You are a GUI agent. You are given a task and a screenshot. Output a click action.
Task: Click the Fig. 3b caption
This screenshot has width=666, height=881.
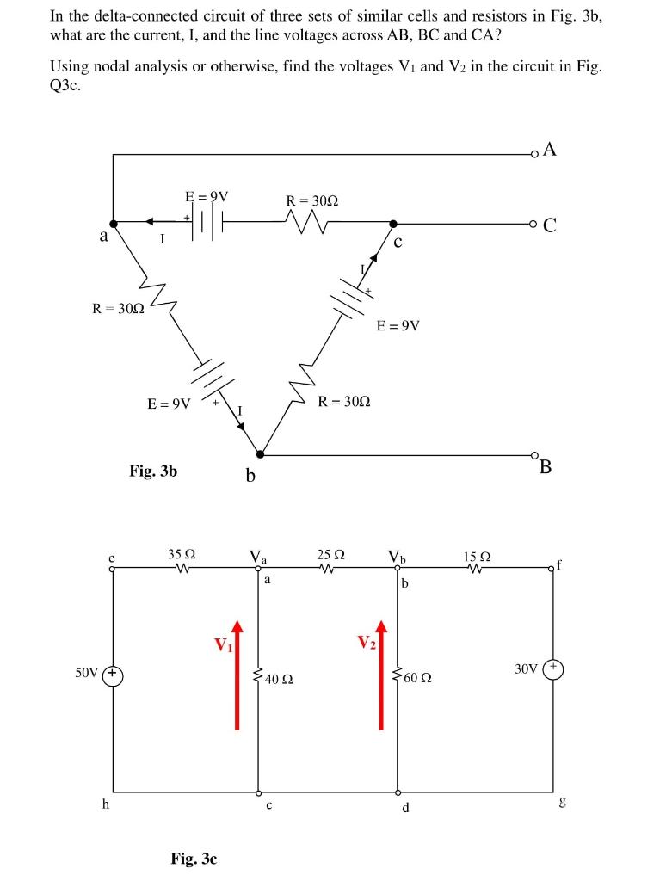tap(153, 471)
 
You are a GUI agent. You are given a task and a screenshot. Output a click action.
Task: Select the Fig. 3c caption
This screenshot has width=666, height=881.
tap(194, 858)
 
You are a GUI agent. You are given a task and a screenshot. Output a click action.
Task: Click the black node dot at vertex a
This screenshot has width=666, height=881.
tap(114, 223)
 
